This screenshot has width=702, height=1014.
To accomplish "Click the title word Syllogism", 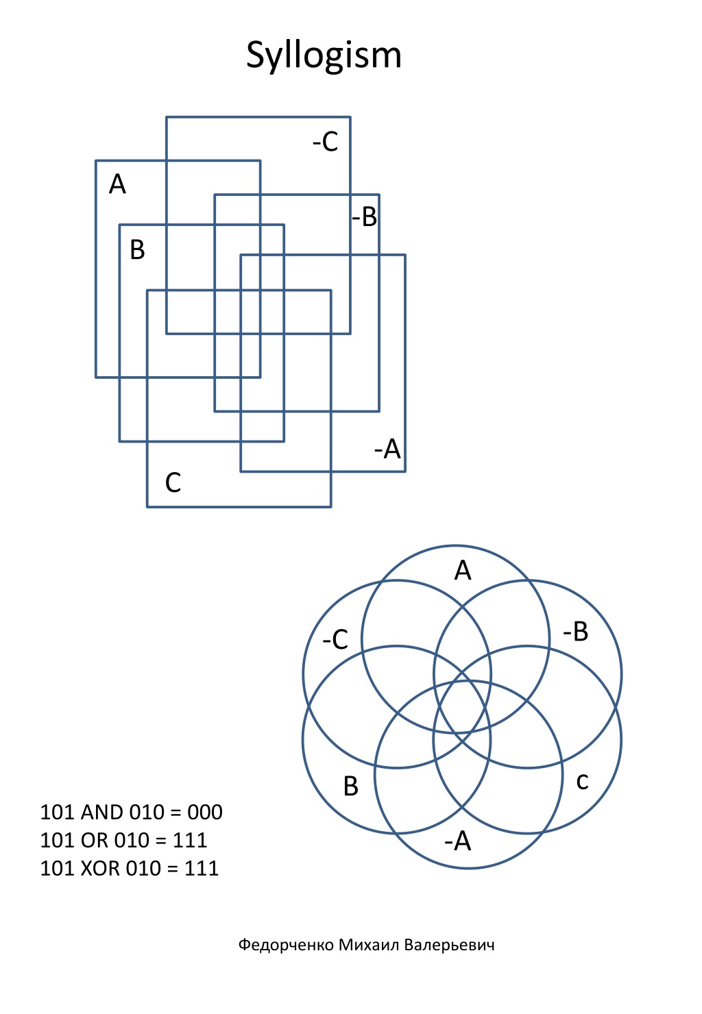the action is (x=324, y=56).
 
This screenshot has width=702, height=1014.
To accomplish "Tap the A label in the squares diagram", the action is (x=117, y=184).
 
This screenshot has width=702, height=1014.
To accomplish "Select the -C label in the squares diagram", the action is (x=325, y=142).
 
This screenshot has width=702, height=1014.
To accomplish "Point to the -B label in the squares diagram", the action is (x=365, y=217).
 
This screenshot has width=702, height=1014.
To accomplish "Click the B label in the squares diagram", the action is (x=137, y=250).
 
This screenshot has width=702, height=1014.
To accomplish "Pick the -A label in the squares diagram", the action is (x=388, y=449).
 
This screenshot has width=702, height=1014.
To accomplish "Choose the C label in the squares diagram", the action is (x=173, y=482).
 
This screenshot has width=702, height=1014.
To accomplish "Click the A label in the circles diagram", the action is (x=463, y=570).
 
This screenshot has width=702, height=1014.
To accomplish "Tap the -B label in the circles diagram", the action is (x=576, y=632).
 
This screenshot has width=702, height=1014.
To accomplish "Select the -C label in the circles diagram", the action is (x=335, y=640).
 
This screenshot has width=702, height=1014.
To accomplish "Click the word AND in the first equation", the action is (x=102, y=813).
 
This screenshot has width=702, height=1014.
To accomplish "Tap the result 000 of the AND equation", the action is (x=205, y=813).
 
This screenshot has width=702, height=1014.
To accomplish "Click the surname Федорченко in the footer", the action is (x=287, y=945).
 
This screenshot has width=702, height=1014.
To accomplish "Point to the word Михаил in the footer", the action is (x=369, y=945).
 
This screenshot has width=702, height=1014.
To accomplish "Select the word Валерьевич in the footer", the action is (x=449, y=945).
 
